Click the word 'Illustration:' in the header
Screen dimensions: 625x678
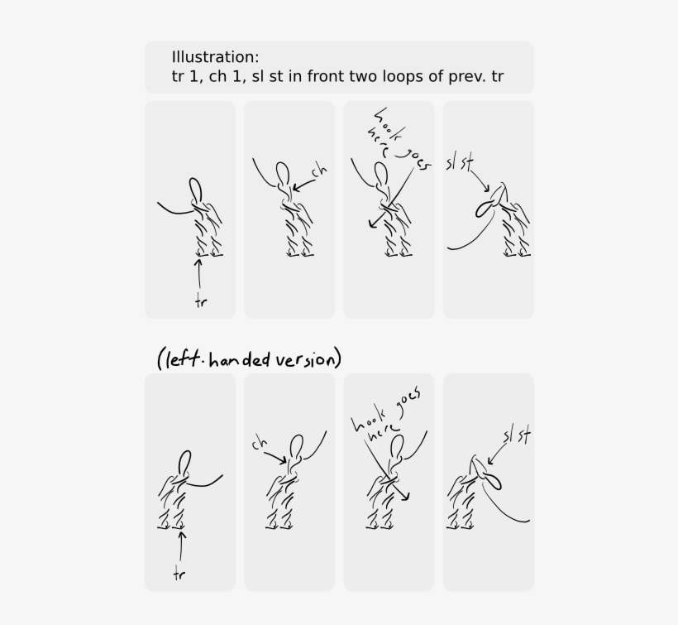point(215,57)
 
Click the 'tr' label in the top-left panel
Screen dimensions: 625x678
point(200,301)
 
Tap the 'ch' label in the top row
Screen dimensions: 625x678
point(319,171)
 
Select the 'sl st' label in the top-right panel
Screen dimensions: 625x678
point(459,161)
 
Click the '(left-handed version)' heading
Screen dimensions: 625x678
point(249,359)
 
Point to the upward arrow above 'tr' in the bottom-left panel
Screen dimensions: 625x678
point(182,546)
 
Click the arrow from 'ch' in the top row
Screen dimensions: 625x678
point(302,184)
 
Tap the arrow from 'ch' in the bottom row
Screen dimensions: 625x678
point(279,454)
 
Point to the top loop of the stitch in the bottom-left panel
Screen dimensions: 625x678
point(185,460)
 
